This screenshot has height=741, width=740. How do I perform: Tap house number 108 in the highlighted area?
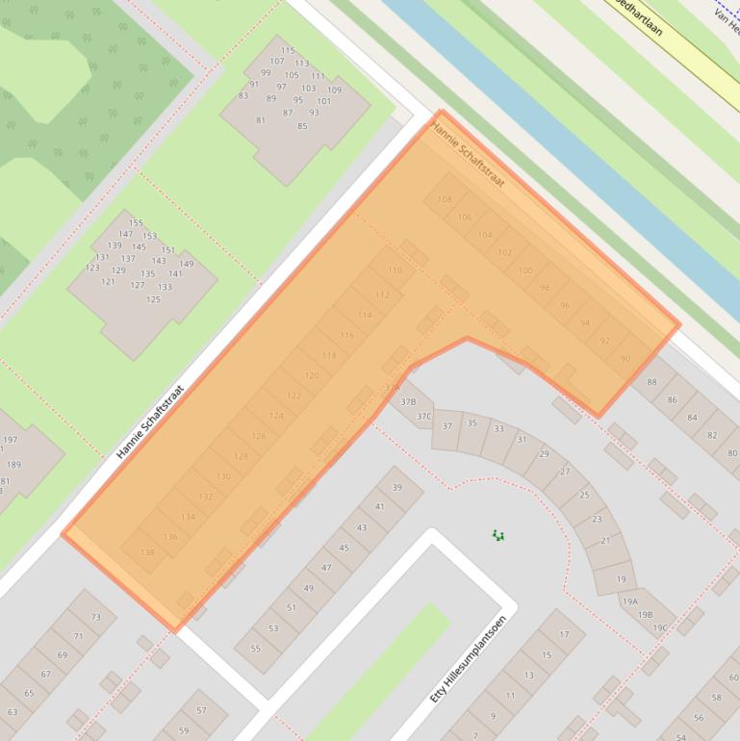click(x=444, y=199)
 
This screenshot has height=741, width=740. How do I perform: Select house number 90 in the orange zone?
click(x=625, y=359)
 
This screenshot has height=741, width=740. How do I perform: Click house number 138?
click(x=147, y=552)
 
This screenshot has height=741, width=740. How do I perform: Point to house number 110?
click(x=395, y=270)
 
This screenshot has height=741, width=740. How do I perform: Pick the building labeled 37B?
click(x=408, y=402)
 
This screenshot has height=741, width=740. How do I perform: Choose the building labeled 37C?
click(x=423, y=417)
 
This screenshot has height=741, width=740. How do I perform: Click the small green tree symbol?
click(x=498, y=535)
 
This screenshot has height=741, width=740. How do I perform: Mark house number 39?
click(x=396, y=488)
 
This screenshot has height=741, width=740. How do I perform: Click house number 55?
click(x=256, y=648)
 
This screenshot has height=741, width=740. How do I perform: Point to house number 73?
click(x=95, y=617)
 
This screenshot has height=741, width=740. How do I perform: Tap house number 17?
click(x=564, y=635)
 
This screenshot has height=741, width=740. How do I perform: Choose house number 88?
click(x=651, y=382)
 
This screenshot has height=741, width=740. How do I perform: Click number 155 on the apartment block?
click(x=136, y=222)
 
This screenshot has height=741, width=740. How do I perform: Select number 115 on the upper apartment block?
click(x=288, y=51)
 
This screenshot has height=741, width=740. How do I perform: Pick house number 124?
click(x=276, y=416)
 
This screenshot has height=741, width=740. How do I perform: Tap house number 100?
click(x=524, y=270)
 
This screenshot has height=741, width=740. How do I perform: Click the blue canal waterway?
click(x=539, y=125)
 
